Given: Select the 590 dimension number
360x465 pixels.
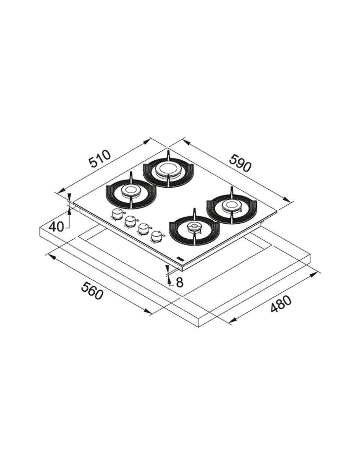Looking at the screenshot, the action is point(240,164).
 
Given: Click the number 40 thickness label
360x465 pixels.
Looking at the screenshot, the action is point(56,226).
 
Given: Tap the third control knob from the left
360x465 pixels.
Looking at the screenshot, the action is point(143,229).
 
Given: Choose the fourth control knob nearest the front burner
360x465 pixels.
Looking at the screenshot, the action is point(156,236).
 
